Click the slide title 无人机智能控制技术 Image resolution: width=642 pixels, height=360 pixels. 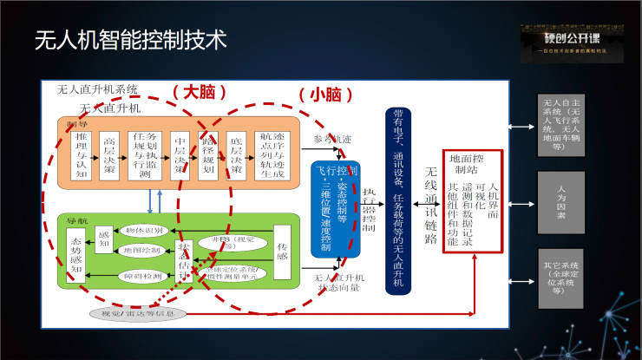130,40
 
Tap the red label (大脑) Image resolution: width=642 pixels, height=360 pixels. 200,91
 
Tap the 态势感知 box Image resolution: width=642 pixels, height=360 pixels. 75,252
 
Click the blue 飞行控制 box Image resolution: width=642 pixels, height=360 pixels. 336,208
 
